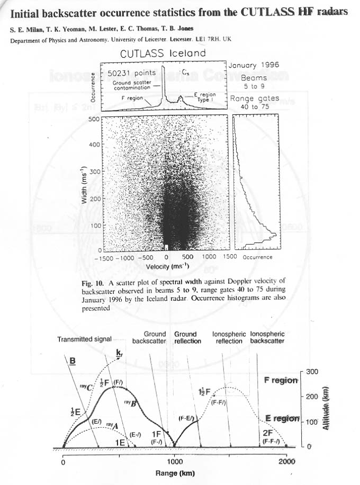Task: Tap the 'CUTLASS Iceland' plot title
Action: point(163,53)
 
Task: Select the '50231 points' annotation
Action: point(132,73)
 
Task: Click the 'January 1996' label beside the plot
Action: point(255,65)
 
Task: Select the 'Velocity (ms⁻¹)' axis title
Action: point(167,266)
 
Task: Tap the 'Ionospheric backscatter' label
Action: point(267,338)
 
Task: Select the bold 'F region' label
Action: point(280,380)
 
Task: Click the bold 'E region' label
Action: point(282,418)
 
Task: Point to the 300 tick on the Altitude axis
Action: point(312,372)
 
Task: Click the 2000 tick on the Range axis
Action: point(286,461)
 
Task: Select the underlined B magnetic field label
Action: point(73,362)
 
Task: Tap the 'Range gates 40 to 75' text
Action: point(255,102)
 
